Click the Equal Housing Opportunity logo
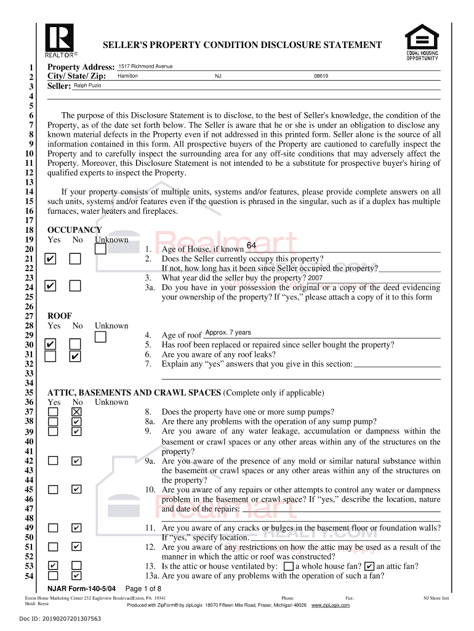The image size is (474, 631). [x=422, y=41]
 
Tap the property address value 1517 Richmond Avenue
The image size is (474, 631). [x=145, y=67]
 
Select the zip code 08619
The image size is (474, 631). [x=321, y=76]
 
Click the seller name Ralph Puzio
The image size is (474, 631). [x=87, y=86]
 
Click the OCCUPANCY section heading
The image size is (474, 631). [x=74, y=230]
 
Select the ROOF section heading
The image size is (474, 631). [x=60, y=316]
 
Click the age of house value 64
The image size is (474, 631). [x=251, y=246]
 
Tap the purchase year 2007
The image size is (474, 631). [x=315, y=278]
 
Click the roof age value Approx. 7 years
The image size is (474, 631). [x=228, y=333]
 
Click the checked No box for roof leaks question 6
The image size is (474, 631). [x=75, y=356]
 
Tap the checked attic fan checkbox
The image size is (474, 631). [x=369, y=566]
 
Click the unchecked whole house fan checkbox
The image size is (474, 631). [x=289, y=566]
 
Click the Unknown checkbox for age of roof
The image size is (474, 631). [x=100, y=336]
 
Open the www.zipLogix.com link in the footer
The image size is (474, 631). [x=331, y=605]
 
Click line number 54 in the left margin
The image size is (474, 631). [x=29, y=576]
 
